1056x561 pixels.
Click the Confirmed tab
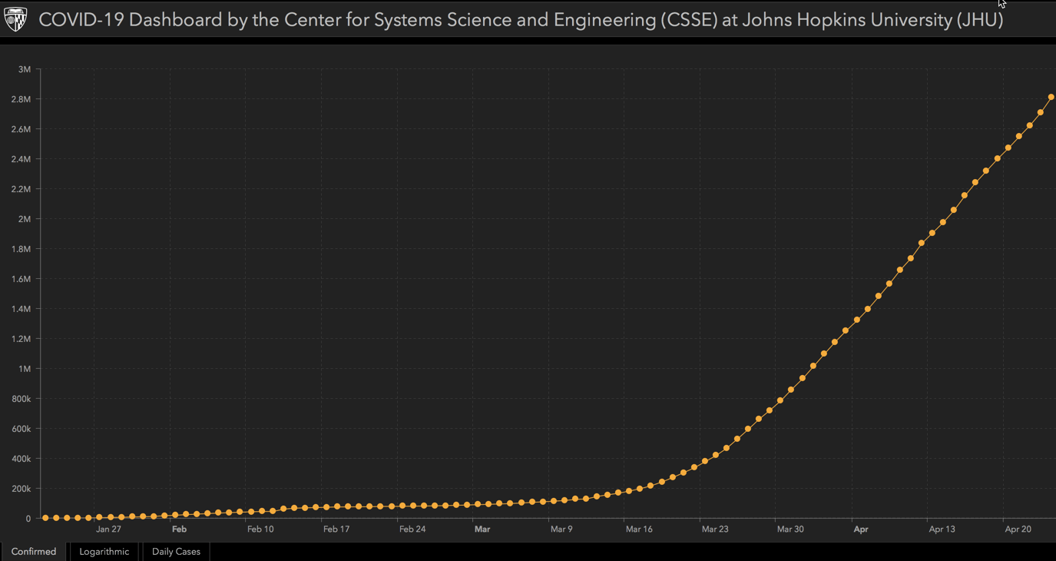(34, 551)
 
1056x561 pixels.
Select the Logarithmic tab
(104, 551)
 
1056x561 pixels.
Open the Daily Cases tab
(176, 551)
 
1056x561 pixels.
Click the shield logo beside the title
(15, 19)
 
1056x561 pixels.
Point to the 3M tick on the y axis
(24, 69)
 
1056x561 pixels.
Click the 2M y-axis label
(24, 219)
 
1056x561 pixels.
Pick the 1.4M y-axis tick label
(21, 309)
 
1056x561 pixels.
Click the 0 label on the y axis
(28, 519)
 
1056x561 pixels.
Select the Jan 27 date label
(108, 529)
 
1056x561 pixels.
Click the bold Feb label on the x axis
(179, 529)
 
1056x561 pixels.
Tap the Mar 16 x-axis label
(639, 529)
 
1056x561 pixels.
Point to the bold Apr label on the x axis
(861, 529)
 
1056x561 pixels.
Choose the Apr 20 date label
(1018, 529)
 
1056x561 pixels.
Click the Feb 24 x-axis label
(412, 529)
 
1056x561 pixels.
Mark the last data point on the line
(1051, 97)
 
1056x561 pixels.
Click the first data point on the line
(45, 518)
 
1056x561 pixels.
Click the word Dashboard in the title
(175, 20)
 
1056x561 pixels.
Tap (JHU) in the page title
(979, 20)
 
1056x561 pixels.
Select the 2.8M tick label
(21, 99)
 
